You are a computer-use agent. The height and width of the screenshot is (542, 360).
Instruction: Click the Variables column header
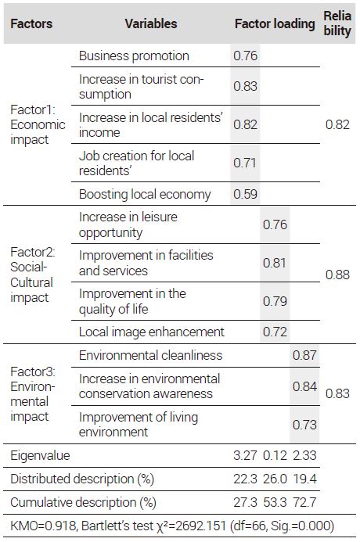point(151,23)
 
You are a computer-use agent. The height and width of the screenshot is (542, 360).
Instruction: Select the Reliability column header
point(337,23)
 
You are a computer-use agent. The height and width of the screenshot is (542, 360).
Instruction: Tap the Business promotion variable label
point(134,56)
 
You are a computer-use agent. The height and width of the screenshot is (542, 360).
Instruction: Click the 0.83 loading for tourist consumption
point(245,86)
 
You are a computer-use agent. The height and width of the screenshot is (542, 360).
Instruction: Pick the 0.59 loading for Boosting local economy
point(245,194)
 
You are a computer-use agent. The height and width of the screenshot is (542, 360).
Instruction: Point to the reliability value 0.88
point(337,275)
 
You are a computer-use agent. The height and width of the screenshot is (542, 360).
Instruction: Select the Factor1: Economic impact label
point(38,124)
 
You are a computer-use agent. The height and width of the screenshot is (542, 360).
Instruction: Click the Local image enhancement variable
point(152,332)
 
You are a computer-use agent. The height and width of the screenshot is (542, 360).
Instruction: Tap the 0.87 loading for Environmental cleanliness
point(304,355)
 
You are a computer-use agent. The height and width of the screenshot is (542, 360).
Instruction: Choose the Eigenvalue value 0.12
point(275,455)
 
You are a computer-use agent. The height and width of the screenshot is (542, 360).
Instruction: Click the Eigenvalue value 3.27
point(245,455)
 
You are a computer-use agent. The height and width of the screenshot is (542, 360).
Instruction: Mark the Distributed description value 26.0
point(275,479)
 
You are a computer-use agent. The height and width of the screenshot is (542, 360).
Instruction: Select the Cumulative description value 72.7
point(304,502)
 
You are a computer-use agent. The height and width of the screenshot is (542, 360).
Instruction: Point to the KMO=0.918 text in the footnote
point(43,526)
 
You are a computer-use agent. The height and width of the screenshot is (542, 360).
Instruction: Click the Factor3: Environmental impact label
point(33,394)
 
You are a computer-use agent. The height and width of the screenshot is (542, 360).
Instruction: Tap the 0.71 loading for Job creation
point(245,163)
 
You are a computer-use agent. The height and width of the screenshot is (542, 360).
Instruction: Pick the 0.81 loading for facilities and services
point(275,263)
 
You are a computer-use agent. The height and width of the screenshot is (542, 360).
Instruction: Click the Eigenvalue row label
point(40,456)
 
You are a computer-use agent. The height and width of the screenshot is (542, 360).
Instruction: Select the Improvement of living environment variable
point(139,425)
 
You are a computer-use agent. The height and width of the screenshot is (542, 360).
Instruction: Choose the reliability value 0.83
point(337,393)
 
